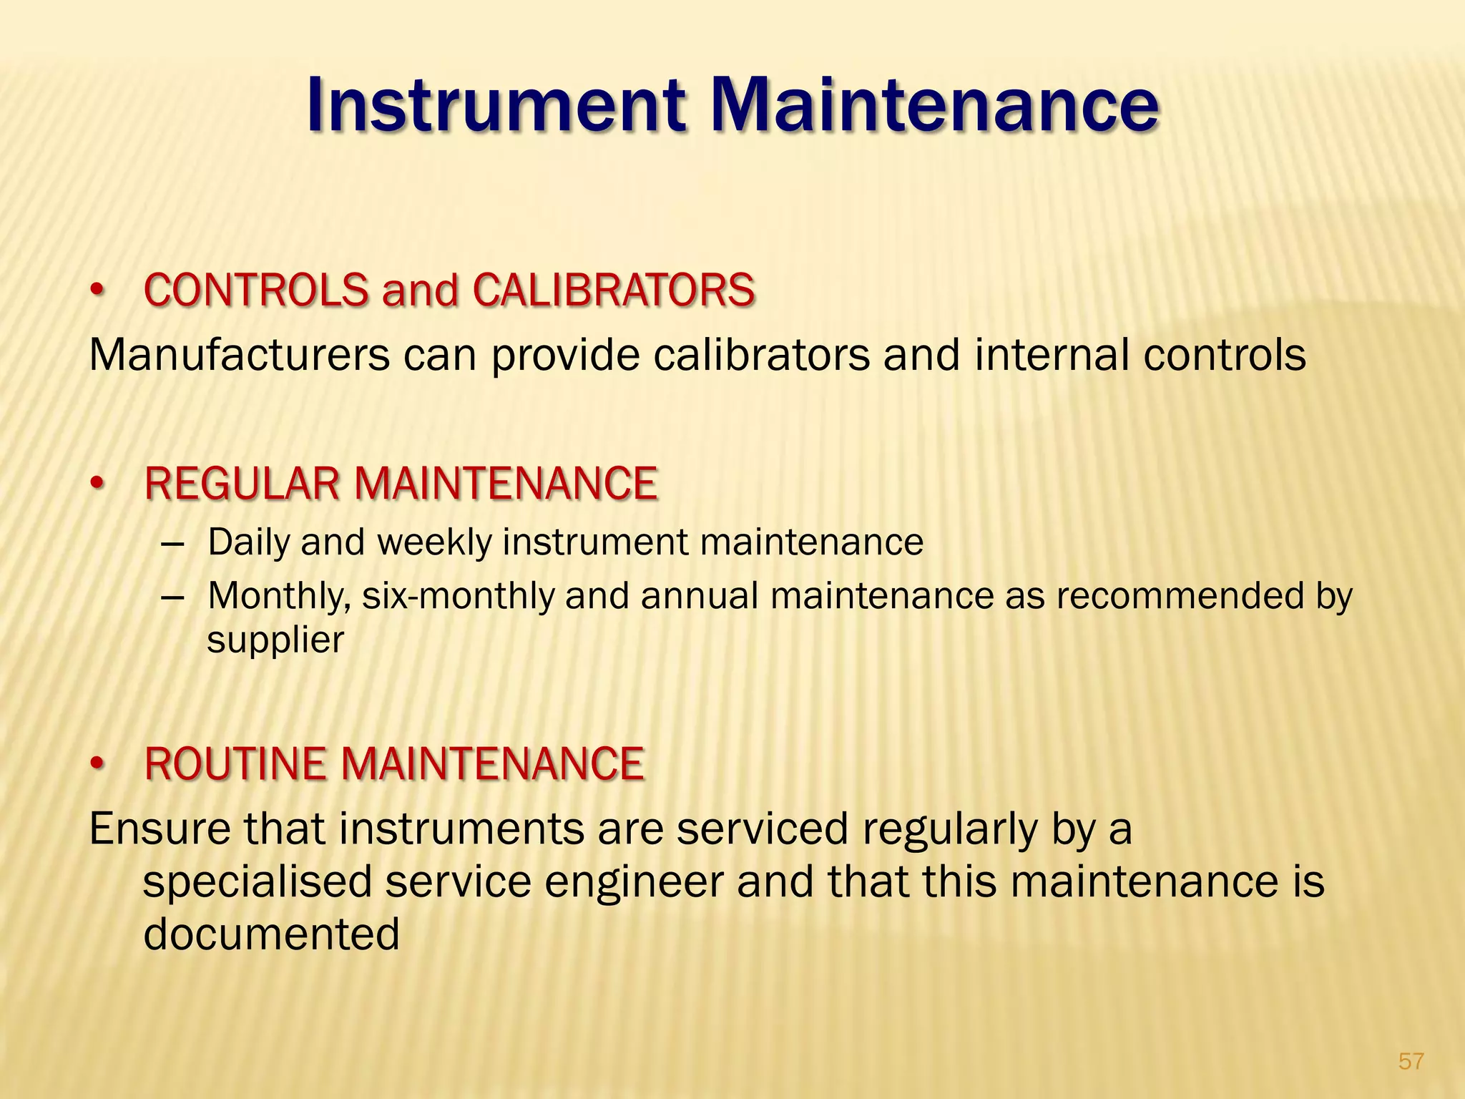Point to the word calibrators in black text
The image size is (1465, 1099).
coord(761,355)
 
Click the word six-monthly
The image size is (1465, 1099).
coord(458,597)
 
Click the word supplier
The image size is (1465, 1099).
coord(275,640)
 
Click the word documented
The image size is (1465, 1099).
coord(271,934)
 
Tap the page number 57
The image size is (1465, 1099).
coord(1411,1062)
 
